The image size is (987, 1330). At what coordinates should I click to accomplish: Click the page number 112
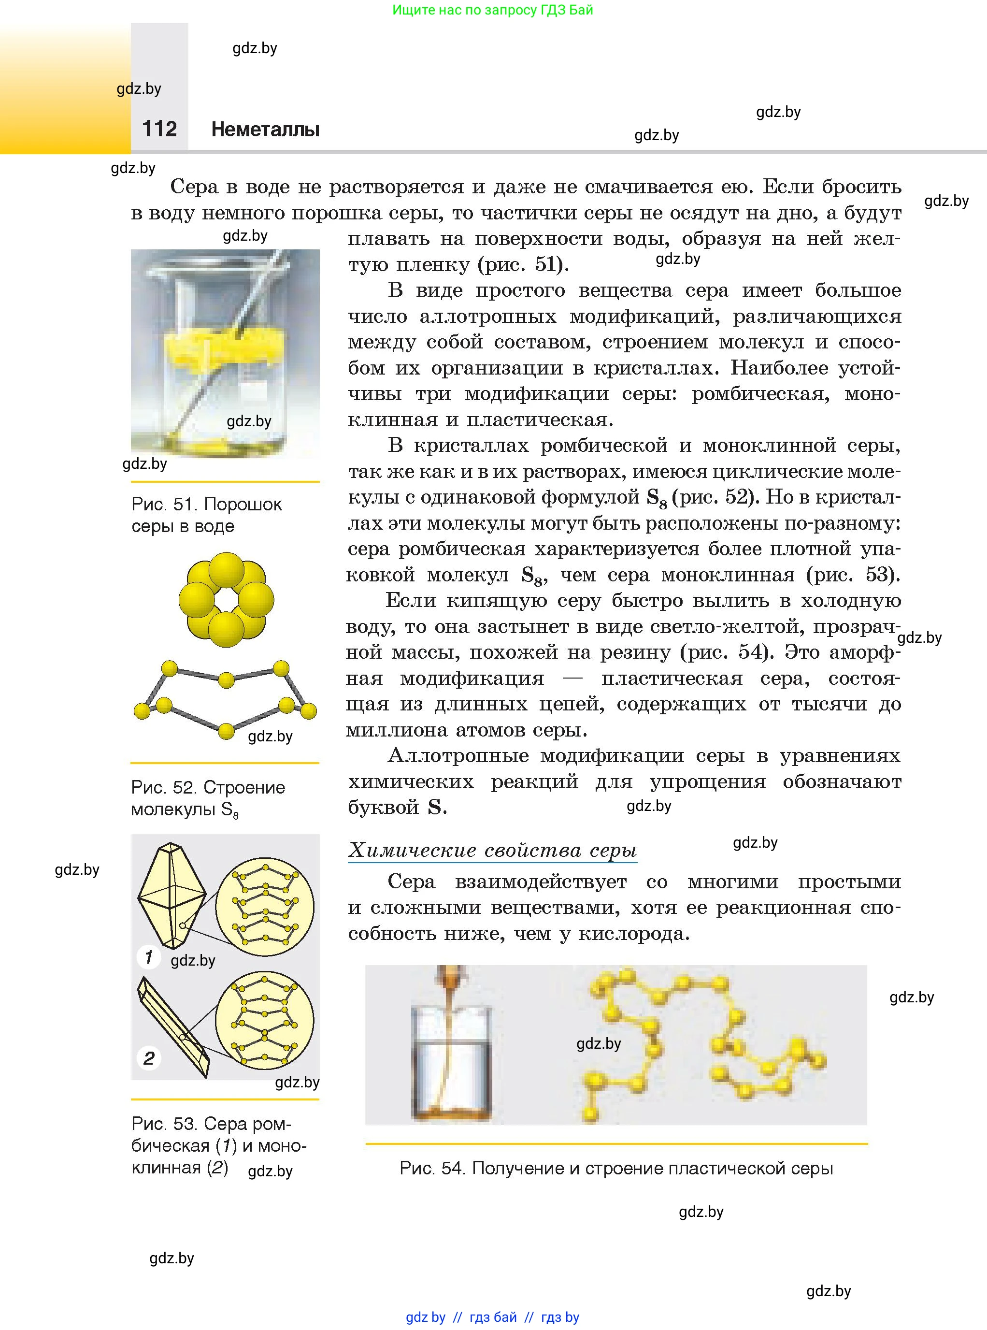click(x=159, y=129)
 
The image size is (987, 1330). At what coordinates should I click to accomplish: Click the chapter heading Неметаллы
click(x=265, y=129)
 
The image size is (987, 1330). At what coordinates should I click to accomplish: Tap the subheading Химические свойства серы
click(x=492, y=850)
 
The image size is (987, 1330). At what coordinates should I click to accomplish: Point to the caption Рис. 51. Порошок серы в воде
click(x=206, y=515)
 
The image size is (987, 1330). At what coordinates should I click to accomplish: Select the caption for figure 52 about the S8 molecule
click(x=207, y=798)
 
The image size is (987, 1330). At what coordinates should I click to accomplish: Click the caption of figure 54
click(x=616, y=1168)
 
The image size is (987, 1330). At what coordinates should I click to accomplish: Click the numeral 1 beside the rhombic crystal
click(x=148, y=957)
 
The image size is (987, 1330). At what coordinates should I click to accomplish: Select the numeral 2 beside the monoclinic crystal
click(x=149, y=1058)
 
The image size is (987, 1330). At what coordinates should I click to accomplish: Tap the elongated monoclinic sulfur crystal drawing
click(x=174, y=1026)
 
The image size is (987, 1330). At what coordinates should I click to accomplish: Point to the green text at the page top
click(x=492, y=10)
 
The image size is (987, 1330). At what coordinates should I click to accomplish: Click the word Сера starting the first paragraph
click(x=194, y=187)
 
